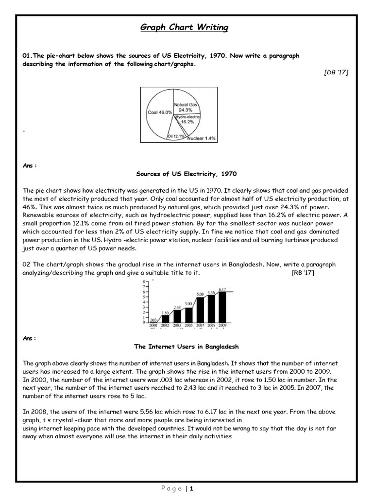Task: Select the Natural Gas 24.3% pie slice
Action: click(x=187, y=107)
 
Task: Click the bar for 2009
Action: click(x=222, y=307)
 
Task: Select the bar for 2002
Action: click(x=165, y=318)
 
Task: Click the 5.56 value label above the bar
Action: click(x=211, y=292)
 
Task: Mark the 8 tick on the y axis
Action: click(x=143, y=282)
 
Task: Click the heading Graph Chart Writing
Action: click(x=184, y=28)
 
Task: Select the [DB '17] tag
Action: click(x=336, y=72)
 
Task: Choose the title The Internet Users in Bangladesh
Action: click(x=186, y=347)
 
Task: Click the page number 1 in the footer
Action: click(x=192, y=489)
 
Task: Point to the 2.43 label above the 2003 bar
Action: click(x=177, y=308)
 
